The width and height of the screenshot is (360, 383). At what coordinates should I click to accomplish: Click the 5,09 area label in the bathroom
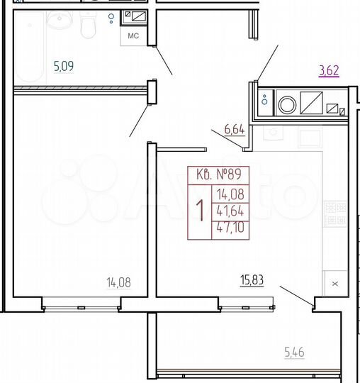click(x=64, y=68)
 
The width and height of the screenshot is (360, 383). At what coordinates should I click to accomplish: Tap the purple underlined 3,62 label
click(x=330, y=70)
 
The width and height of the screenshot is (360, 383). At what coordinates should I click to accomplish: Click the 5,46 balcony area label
click(x=293, y=351)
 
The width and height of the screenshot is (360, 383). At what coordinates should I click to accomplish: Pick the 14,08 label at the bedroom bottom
click(x=118, y=282)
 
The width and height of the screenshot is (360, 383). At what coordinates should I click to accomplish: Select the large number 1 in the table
click(x=200, y=211)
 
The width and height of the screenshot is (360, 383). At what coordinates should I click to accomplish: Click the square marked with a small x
click(x=335, y=283)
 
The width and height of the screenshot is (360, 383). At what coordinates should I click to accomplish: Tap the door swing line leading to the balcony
click(x=296, y=296)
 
